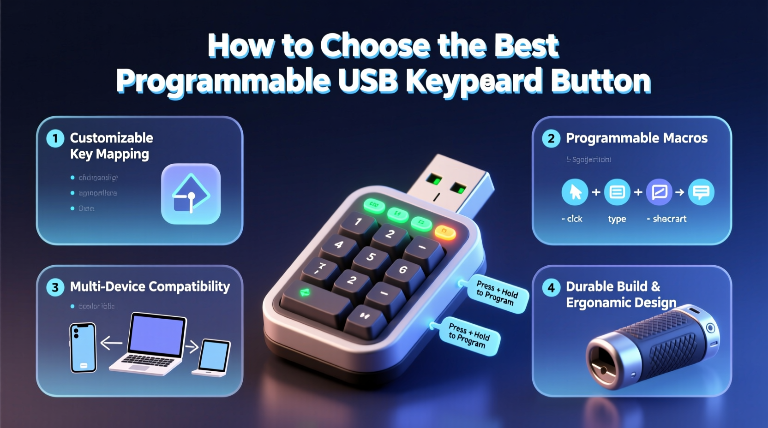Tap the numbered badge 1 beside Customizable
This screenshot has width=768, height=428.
pyautogui.click(x=55, y=138)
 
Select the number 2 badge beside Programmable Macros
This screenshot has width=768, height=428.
pyautogui.click(x=551, y=138)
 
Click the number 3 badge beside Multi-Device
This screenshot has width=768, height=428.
pyautogui.click(x=55, y=287)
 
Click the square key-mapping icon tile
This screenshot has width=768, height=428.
pyautogui.click(x=191, y=194)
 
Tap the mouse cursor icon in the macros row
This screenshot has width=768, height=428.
pyautogui.click(x=575, y=192)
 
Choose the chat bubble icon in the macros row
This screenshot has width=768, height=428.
pyautogui.click(x=701, y=192)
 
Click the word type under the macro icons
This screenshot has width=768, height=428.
pyautogui.click(x=617, y=219)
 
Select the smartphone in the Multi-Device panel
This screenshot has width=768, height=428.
pyautogui.click(x=83, y=347)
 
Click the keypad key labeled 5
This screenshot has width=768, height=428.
pyautogui.click(x=370, y=257)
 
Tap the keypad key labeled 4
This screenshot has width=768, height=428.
pyautogui.click(x=339, y=244)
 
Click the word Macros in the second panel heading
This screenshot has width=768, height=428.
pyautogui.click(x=685, y=138)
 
